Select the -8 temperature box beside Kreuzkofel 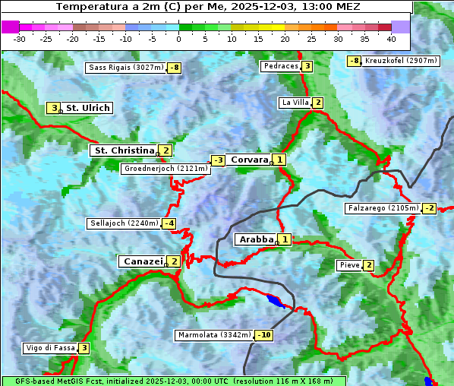click(x=354, y=61)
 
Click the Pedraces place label click(x=280, y=67)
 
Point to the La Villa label click(x=295, y=103)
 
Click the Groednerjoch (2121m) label click(x=164, y=169)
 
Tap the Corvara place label click(x=249, y=160)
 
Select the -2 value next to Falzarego click(x=430, y=208)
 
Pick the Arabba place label click(x=256, y=239)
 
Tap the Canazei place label click(x=142, y=261)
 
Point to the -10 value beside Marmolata click(x=264, y=335)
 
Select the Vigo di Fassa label click(x=50, y=348)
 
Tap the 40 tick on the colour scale click(x=391, y=39)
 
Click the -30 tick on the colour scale click(x=20, y=39)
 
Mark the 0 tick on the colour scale click(x=178, y=39)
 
